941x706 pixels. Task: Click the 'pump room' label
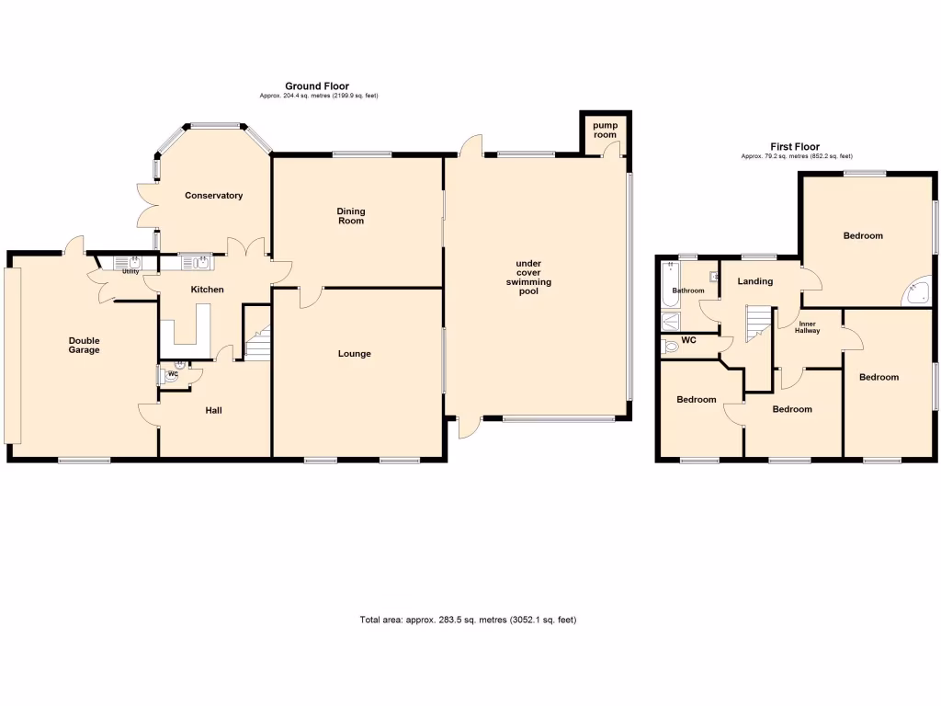tap(604, 130)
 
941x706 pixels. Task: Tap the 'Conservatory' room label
tap(213, 196)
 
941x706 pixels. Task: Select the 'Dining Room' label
tap(350, 215)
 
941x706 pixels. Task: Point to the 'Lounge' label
tap(354, 353)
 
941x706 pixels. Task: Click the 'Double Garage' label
tap(84, 345)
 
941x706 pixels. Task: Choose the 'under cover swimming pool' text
tap(534, 277)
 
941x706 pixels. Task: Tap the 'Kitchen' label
tap(207, 290)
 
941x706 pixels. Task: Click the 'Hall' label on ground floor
tap(213, 410)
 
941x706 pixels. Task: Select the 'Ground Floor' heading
tap(316, 86)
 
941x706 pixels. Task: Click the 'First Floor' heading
tap(796, 146)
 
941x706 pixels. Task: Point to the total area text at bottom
tap(468, 621)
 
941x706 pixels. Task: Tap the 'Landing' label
tap(754, 281)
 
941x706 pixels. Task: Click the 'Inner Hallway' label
tap(807, 327)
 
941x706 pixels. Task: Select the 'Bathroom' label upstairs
tap(687, 291)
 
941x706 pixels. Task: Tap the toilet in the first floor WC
tap(672, 347)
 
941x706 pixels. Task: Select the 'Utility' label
tap(130, 272)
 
